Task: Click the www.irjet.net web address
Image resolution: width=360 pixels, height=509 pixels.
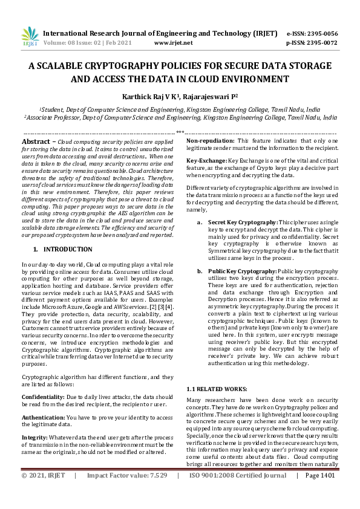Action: pos(174,43)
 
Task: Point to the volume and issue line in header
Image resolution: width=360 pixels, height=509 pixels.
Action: pos(82,43)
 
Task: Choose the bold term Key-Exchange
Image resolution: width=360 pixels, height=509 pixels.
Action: pos(206,159)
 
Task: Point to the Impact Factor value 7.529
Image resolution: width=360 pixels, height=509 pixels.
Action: pos(157,493)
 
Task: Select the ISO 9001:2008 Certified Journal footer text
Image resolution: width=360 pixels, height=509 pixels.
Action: pos(238,493)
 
